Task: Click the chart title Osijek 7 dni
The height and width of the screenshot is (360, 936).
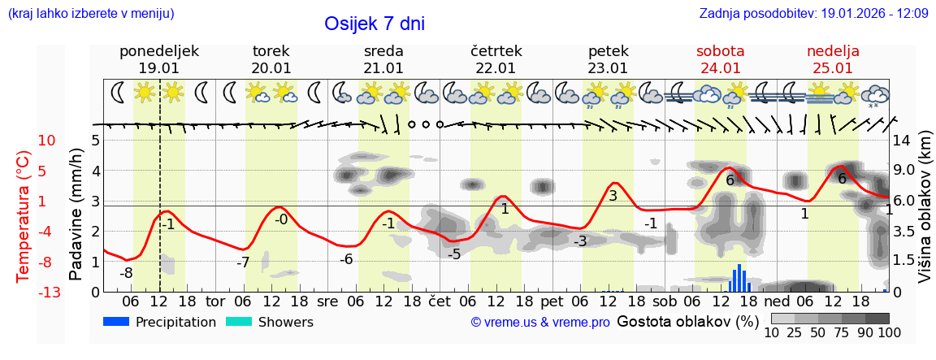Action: (374, 24)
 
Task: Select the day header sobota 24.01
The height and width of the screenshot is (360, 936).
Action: (720, 59)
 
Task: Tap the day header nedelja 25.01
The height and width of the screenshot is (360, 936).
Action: (833, 59)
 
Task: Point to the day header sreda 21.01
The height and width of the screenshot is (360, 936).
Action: (383, 59)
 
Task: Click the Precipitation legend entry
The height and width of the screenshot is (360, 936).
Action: (160, 323)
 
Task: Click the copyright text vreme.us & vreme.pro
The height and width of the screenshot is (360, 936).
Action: (540, 323)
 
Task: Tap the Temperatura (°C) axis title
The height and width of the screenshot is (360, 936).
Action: (24, 215)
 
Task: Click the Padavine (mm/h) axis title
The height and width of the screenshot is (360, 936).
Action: (76, 214)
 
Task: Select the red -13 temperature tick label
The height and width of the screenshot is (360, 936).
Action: (48, 293)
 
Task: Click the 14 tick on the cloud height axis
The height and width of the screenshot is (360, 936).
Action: (902, 140)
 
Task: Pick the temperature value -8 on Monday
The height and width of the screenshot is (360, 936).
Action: (126, 273)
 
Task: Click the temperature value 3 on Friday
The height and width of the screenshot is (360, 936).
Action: (613, 196)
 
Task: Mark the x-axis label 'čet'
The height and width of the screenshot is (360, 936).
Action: (440, 301)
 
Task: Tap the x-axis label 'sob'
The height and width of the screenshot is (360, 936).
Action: (664, 301)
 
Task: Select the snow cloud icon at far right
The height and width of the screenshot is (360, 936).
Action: (875, 93)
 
